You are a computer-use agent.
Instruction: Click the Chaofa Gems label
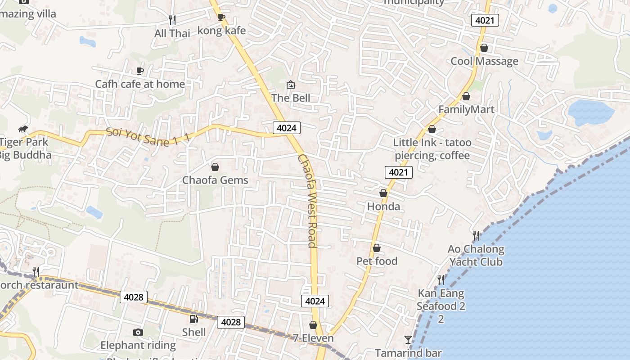click(215, 180)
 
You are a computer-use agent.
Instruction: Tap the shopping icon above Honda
click(383, 193)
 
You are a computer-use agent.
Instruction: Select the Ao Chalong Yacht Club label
click(476, 255)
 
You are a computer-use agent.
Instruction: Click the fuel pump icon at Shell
click(193, 319)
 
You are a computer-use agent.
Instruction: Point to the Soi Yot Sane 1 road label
click(148, 138)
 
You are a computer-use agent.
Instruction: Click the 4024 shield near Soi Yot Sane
click(287, 128)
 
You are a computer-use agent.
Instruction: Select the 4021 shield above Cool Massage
click(485, 20)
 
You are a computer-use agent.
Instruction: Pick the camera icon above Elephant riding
click(138, 332)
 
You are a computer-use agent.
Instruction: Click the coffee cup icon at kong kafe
click(221, 18)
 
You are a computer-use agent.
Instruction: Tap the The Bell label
click(291, 98)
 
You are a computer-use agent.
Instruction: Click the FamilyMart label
click(466, 109)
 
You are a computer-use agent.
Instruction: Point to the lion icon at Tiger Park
click(23, 130)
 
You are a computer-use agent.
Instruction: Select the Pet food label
click(377, 261)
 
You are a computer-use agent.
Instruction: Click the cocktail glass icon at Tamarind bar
click(408, 340)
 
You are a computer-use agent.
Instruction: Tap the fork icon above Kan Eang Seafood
click(441, 280)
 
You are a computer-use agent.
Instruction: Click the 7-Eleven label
click(313, 338)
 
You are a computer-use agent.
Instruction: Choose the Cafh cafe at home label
click(140, 84)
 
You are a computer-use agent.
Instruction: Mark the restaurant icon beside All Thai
click(172, 20)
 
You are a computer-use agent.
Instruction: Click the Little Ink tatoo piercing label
click(432, 149)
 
